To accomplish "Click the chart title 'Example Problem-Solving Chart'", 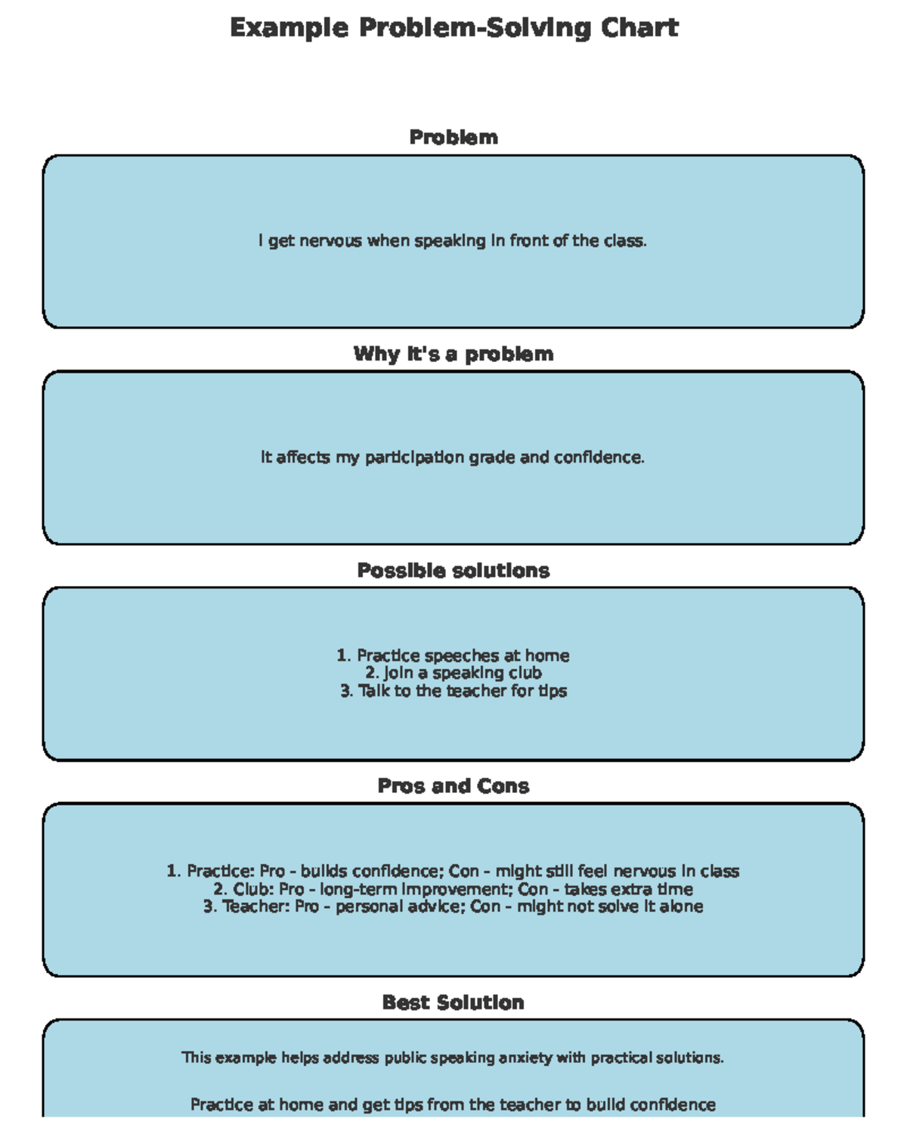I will pyautogui.click(x=453, y=28).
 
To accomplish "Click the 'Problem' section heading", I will pyautogui.click(x=453, y=138).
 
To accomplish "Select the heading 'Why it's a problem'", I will pyautogui.click(x=453, y=354).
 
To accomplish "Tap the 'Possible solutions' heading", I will pyautogui.click(x=453, y=570).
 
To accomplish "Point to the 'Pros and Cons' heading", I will pyautogui.click(x=453, y=786).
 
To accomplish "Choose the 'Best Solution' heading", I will pyautogui.click(x=453, y=1002).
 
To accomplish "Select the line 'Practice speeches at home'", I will pyautogui.click(x=453, y=655).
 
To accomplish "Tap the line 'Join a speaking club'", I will pyautogui.click(x=453, y=673).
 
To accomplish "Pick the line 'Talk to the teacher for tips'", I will pyautogui.click(x=453, y=691).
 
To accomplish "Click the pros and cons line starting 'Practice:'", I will pyautogui.click(x=453, y=871).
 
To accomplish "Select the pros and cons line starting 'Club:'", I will pyautogui.click(x=453, y=889).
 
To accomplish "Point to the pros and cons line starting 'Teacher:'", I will pyautogui.click(x=453, y=906).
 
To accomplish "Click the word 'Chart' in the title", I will pyautogui.click(x=639, y=28).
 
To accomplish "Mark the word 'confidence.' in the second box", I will pyautogui.click(x=599, y=457).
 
